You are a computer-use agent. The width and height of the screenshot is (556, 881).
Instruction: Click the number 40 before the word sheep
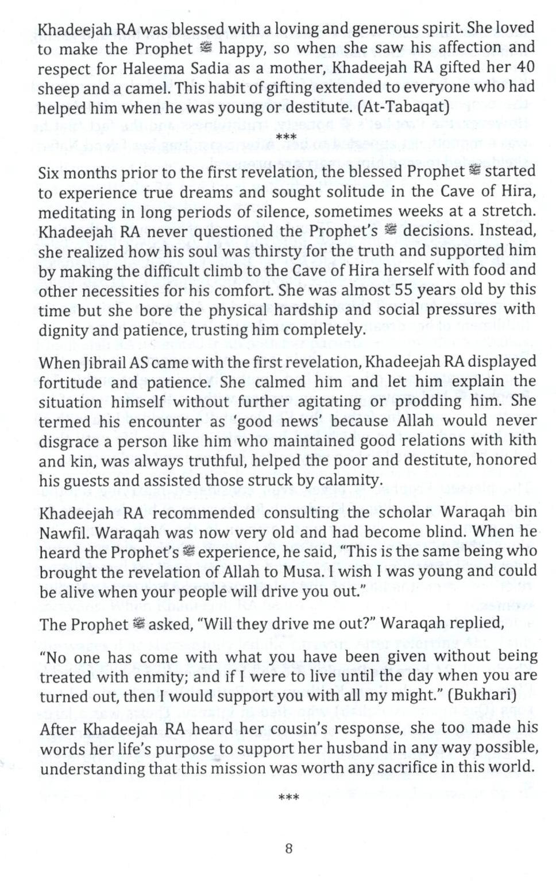[x=524, y=67]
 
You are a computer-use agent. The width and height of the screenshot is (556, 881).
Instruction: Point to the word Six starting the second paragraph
[x=49, y=173]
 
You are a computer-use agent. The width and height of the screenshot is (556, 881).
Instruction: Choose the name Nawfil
[x=63, y=532]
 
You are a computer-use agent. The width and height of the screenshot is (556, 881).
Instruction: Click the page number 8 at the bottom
[x=289, y=848]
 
